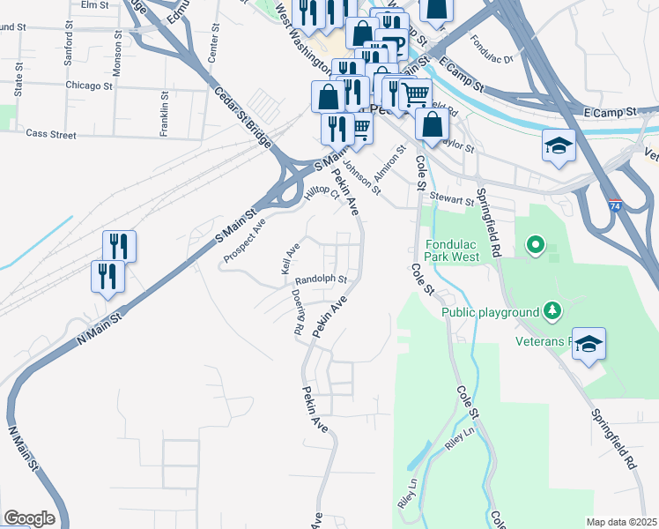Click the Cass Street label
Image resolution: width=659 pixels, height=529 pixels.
(x=51, y=134)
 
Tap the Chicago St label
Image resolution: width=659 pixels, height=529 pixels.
(x=89, y=86)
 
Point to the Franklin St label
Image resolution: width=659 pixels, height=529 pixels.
(x=164, y=106)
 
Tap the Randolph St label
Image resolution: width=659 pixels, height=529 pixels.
(x=322, y=279)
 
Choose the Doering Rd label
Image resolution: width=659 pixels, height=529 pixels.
(x=297, y=313)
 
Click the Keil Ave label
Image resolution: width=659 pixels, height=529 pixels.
(x=291, y=257)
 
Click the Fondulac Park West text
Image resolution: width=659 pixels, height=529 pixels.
(x=452, y=250)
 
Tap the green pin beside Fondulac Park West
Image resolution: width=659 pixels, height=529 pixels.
(x=534, y=245)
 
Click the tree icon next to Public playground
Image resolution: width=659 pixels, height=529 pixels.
(x=552, y=309)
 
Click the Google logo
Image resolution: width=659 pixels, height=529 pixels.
(x=28, y=518)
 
